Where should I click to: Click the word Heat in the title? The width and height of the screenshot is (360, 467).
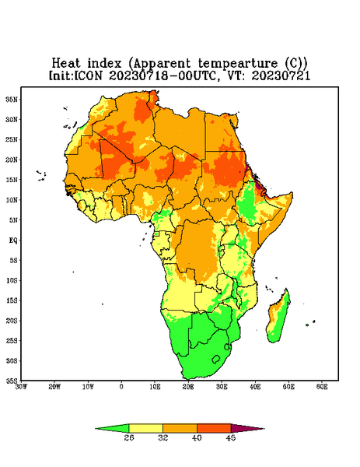point(66,64)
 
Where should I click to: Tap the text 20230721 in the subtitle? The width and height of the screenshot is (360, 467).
point(281,75)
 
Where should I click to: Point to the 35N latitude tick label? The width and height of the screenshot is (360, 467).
point(12,100)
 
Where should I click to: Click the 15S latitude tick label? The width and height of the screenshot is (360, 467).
point(12,300)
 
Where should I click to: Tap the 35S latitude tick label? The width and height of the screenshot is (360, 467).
point(12,381)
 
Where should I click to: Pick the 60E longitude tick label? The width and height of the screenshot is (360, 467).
point(322,387)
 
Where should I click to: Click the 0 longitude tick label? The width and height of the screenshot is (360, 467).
point(121,387)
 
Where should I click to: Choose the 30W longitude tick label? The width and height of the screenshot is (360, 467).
point(22,387)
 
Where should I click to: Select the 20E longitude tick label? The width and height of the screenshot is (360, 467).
point(188,387)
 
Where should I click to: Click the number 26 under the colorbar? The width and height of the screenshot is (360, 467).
point(129,437)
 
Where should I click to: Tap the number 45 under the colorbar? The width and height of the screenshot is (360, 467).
point(231,437)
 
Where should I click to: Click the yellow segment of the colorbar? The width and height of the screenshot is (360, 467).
point(145,429)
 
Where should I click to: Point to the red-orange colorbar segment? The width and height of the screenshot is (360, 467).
point(214,429)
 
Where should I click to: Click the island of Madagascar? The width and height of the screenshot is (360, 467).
point(278,318)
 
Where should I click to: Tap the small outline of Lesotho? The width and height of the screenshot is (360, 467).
point(216,359)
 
